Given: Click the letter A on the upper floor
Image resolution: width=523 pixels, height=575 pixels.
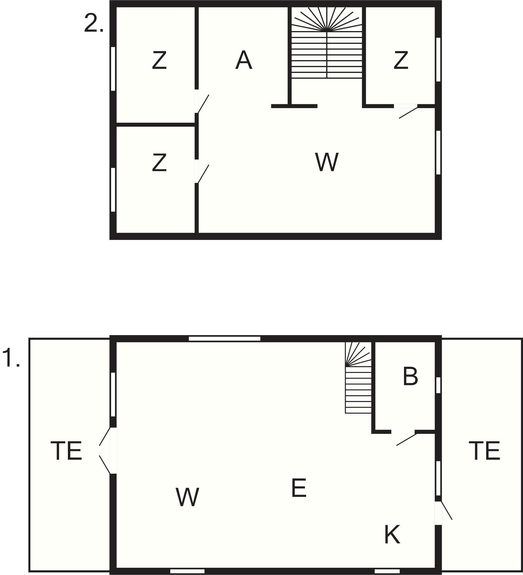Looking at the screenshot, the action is [244, 60].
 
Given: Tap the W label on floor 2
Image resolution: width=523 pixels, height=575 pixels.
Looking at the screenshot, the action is [327, 162].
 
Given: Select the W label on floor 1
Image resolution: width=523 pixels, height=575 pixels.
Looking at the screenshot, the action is [187, 497].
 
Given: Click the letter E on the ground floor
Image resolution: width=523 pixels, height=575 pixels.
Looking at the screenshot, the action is [299, 488].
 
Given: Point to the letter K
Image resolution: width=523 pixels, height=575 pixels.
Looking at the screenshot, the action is [392, 534].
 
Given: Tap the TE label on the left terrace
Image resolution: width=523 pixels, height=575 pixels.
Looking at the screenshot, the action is [66, 450].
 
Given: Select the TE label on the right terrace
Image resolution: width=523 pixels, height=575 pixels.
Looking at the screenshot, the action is [484, 450].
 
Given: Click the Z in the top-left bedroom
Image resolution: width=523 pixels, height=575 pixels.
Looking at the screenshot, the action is [159, 60].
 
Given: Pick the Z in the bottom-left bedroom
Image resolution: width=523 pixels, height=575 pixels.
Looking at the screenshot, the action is [159, 162].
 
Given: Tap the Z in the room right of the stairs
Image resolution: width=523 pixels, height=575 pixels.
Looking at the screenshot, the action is [401, 60].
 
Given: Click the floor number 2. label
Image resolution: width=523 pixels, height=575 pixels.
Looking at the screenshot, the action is [93, 23].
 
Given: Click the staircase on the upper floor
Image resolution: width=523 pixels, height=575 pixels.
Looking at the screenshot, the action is [327, 42].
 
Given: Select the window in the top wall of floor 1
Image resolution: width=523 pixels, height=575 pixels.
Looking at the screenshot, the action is [225, 338].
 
